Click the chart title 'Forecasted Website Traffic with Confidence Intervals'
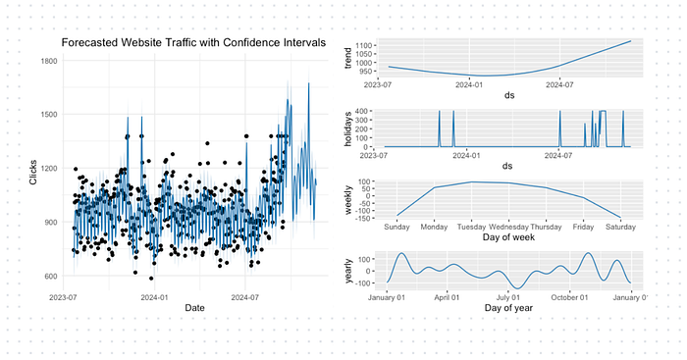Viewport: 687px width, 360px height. coord(194,43)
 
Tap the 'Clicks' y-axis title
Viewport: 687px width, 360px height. coord(33,169)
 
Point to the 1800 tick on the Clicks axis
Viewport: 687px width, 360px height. coord(47,61)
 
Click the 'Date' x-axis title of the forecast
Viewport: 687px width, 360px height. coord(194,308)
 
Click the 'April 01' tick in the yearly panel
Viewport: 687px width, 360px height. coord(449,297)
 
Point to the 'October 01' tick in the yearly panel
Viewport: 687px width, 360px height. coord(570,297)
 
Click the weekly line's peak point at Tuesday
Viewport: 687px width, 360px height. coord(472,181)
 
